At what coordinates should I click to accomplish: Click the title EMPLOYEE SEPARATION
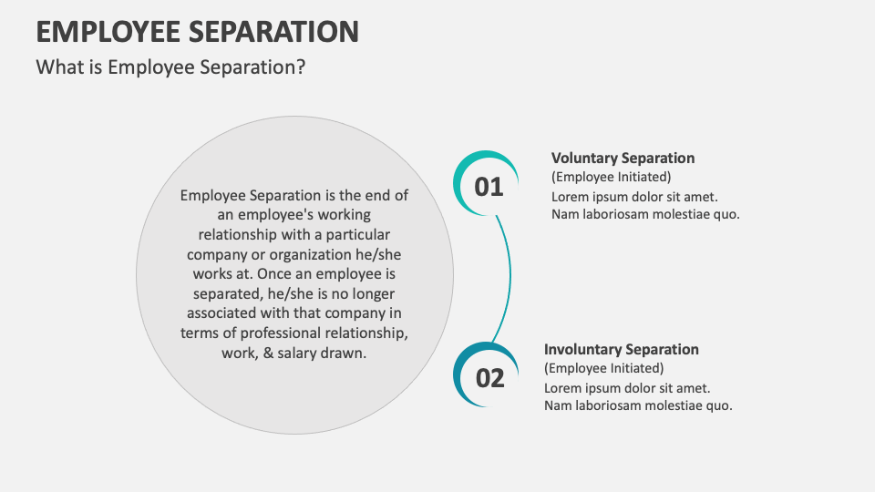point(197,31)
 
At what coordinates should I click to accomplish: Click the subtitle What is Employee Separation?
point(170,67)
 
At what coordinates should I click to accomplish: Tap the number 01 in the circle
point(489,187)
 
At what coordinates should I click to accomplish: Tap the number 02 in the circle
point(489,378)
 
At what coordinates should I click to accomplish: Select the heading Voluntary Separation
point(623,158)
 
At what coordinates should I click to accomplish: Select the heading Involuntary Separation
point(622,349)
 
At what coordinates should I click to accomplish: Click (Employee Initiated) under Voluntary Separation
point(611,177)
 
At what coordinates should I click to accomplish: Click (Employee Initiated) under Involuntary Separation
point(603,368)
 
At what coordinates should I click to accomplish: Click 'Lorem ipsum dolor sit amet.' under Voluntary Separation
point(634,196)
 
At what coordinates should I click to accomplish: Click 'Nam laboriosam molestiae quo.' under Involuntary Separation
point(638,405)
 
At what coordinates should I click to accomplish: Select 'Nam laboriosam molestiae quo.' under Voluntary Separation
point(645,214)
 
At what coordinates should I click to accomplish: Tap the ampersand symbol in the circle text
point(268,353)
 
